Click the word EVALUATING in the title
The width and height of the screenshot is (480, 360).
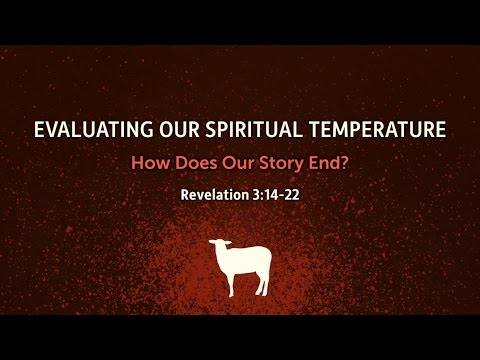pyautogui.click(x=85, y=130)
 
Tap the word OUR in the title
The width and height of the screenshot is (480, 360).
pyautogui.click(x=166, y=130)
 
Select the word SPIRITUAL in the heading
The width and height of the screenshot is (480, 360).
pyautogui.click(x=245, y=130)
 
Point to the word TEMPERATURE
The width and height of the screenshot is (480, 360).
pyautogui.click(x=375, y=130)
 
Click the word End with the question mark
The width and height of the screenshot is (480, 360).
pyautogui.click(x=312, y=161)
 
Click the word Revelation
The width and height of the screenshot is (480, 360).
pyautogui.click(x=215, y=193)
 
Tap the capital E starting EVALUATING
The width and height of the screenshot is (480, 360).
pyautogui.click(x=39, y=130)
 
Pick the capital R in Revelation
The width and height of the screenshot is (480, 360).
pyautogui.click(x=185, y=193)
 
